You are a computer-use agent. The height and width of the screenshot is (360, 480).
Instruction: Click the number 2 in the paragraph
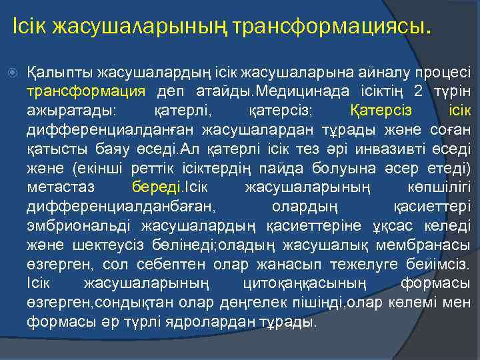click(417, 90)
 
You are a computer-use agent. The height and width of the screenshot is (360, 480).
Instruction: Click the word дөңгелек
click(245, 302)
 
